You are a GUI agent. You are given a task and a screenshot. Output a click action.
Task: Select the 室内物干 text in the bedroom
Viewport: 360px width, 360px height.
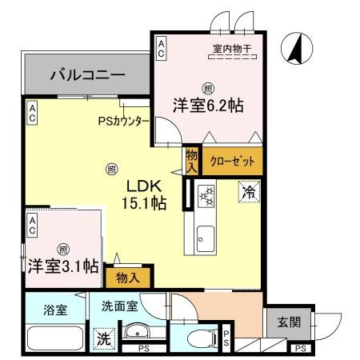(x=231, y=50)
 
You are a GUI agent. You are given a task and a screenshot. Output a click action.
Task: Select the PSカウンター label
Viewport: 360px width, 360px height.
(x=123, y=122)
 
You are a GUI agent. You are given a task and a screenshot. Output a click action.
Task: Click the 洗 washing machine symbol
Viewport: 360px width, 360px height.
(x=102, y=338)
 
